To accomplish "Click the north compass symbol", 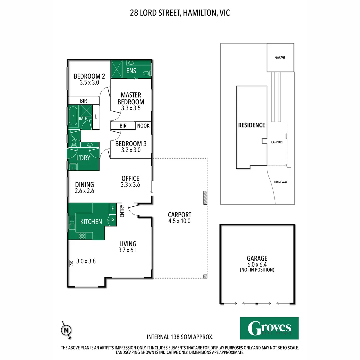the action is click(66, 330).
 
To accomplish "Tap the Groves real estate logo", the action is click(269, 328).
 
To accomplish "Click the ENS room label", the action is click(131, 71).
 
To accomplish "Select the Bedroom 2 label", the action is click(89, 76).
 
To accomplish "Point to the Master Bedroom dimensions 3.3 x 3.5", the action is click(131, 108).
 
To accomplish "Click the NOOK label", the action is click(143, 126).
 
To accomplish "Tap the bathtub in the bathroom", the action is click(73, 116).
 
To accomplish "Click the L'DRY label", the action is click(83, 158).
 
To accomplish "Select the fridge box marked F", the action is click(113, 209).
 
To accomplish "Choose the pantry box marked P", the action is click(113, 221).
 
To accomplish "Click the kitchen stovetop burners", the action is click(82, 236).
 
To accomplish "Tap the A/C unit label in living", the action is click(71, 263).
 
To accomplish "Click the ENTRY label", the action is click(122, 211).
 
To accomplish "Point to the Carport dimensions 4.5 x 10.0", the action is click(179, 221).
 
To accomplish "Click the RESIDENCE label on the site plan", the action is click(252, 125).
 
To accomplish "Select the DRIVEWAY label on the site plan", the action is click(281, 182).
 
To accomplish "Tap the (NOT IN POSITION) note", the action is click(257, 270).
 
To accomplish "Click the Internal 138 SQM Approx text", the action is click(180, 337).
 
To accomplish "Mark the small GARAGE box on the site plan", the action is click(280, 57).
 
